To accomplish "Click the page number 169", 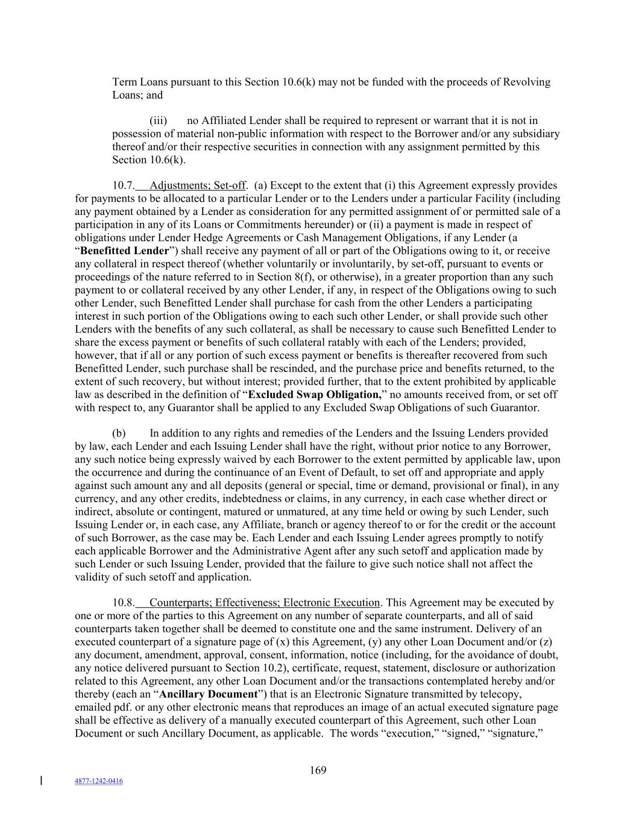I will [x=318, y=770].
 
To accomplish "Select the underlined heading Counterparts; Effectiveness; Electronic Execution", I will [x=265, y=603].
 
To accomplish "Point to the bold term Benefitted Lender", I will [x=124, y=251].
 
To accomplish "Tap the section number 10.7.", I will [x=123, y=185].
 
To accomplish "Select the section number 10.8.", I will [x=123, y=603].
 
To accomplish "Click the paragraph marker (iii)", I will [x=158, y=120].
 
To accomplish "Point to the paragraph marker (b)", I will [x=119, y=433].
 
